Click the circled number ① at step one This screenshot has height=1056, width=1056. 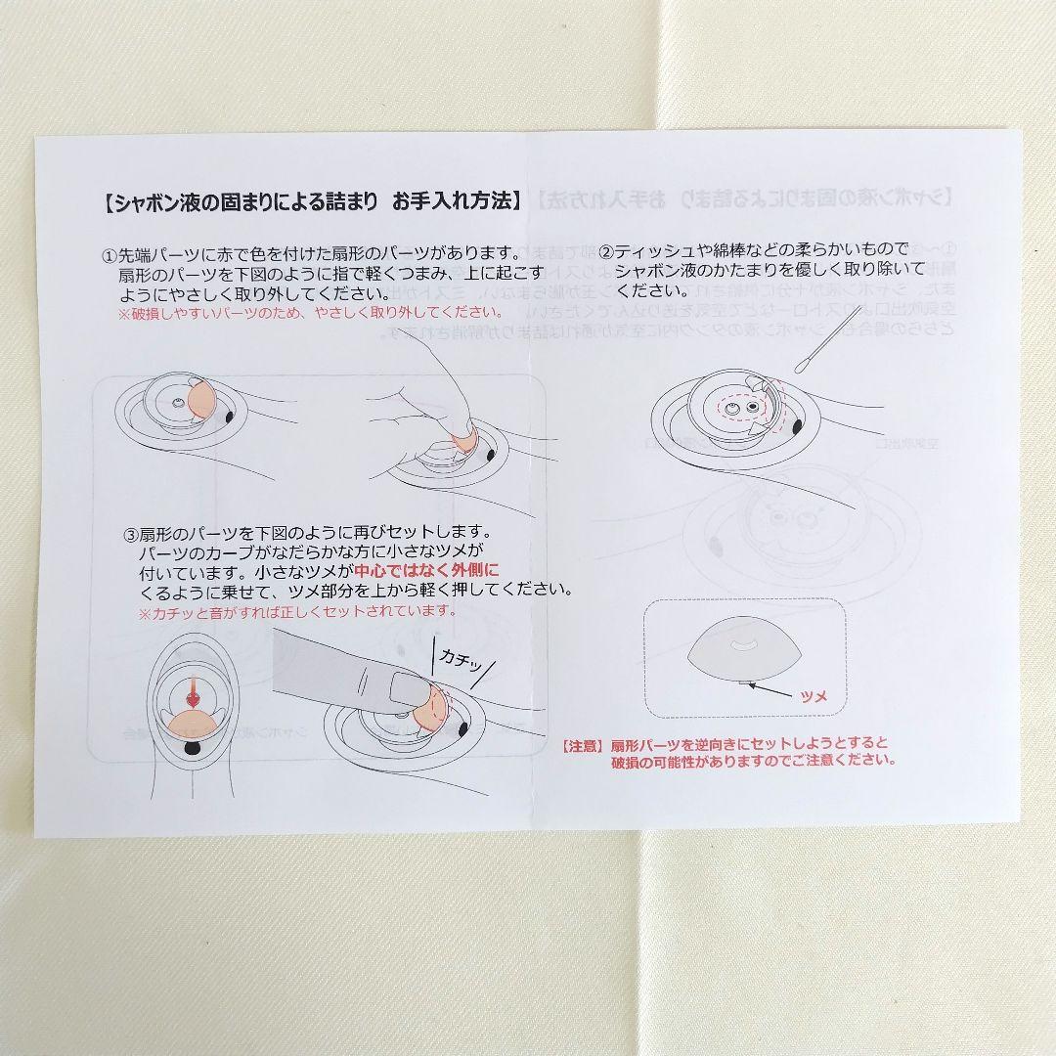[110, 253]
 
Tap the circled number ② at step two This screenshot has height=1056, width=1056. [606, 251]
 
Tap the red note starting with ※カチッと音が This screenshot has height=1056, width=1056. [296, 611]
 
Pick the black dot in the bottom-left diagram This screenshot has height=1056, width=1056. [191, 748]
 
